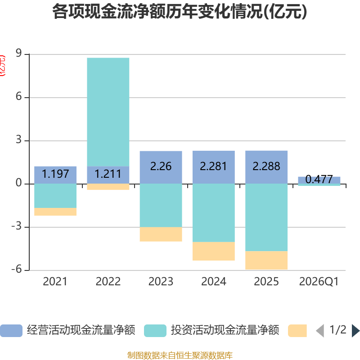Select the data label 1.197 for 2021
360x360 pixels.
(x=55, y=174)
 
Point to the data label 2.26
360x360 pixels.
(x=161, y=166)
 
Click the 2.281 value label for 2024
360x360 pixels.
(x=213, y=166)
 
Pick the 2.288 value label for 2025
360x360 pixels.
(x=266, y=166)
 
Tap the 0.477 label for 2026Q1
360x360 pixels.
(x=319, y=180)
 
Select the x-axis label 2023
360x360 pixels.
(x=161, y=282)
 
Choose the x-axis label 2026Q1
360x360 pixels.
(x=319, y=282)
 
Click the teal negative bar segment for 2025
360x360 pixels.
(x=266, y=217)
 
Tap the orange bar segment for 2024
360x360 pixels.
(x=213, y=252)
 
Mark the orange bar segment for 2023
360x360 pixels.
(x=161, y=234)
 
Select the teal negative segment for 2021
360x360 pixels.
(x=55, y=196)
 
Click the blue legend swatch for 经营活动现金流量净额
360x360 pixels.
(x=11, y=331)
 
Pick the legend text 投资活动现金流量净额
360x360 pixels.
(x=225, y=331)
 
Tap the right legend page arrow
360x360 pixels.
(x=355, y=331)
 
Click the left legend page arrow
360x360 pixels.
(x=320, y=331)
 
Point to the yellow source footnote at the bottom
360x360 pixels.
(x=180, y=355)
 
